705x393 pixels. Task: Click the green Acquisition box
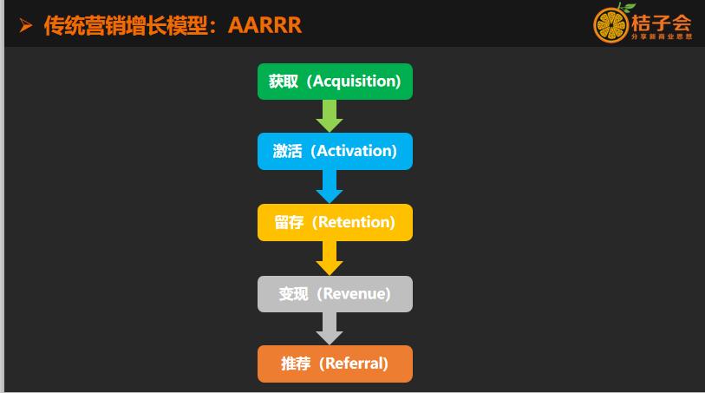[x=335, y=82]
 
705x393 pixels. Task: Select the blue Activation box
[x=335, y=151]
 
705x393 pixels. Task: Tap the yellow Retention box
[x=335, y=222]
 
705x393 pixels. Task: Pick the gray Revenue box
[x=335, y=293]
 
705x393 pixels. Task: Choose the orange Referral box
[x=335, y=364]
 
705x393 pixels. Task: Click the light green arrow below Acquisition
[x=330, y=116]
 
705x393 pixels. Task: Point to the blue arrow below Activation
[x=330, y=187]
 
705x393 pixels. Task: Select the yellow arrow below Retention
[x=330, y=259]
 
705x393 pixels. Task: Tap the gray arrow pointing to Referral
[x=330, y=329]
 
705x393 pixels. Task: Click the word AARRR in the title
[x=264, y=25]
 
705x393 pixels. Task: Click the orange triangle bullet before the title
[x=26, y=26]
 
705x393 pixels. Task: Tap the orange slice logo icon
[x=610, y=26]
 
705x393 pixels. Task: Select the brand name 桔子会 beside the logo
[x=661, y=23]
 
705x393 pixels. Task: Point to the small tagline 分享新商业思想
[x=662, y=36]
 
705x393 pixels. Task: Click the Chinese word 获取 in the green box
[x=284, y=82]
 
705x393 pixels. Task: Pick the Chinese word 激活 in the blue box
[x=287, y=151]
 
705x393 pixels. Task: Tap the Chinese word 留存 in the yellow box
[x=289, y=222]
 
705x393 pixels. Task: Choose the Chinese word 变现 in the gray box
[x=293, y=294]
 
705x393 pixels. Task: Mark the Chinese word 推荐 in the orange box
[x=296, y=364]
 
